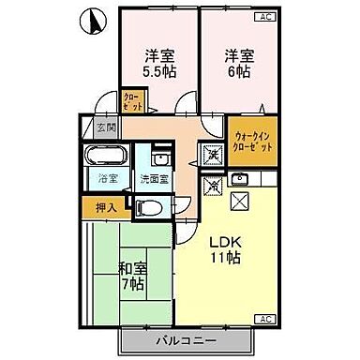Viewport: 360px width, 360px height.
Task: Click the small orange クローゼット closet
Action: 132,101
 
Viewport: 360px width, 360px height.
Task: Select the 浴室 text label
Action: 106,177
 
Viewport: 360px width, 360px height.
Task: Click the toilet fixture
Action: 156,205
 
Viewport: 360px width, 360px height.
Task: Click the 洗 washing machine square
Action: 213,153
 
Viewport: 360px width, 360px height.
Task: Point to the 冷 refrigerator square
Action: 213,186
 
